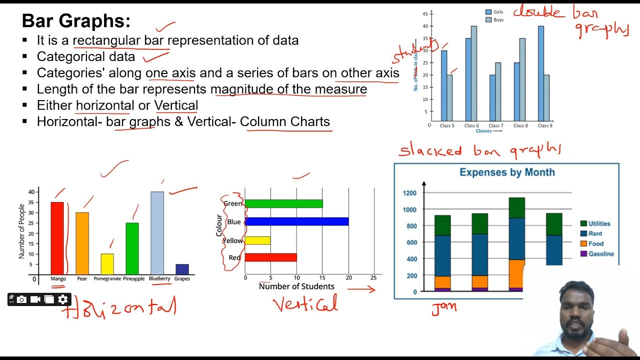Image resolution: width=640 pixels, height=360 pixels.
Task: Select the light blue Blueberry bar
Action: (157, 232)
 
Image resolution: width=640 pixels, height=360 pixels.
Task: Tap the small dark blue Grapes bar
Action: (182, 269)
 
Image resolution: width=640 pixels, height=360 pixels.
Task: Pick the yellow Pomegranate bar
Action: (107, 264)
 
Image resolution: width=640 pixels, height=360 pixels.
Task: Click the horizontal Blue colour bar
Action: (296, 221)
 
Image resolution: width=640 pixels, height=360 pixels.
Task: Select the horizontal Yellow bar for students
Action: (257, 240)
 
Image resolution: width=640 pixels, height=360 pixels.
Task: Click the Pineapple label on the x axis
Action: (133, 278)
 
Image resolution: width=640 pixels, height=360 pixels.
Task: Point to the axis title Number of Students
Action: (296, 286)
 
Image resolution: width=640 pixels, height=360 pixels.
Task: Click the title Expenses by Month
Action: (507, 172)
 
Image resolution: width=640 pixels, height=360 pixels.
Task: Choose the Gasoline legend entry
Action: (600, 254)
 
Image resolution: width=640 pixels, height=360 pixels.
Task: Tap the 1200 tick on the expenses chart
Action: (409, 192)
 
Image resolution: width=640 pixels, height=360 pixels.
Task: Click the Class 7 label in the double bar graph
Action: (495, 125)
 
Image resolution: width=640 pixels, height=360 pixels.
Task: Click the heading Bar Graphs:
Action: (76, 21)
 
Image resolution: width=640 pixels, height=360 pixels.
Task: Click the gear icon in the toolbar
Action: (62, 299)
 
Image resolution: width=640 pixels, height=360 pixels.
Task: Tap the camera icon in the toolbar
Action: (21, 299)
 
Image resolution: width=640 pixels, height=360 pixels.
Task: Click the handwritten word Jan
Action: (444, 307)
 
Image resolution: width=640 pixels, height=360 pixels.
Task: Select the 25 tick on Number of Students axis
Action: (373, 277)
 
